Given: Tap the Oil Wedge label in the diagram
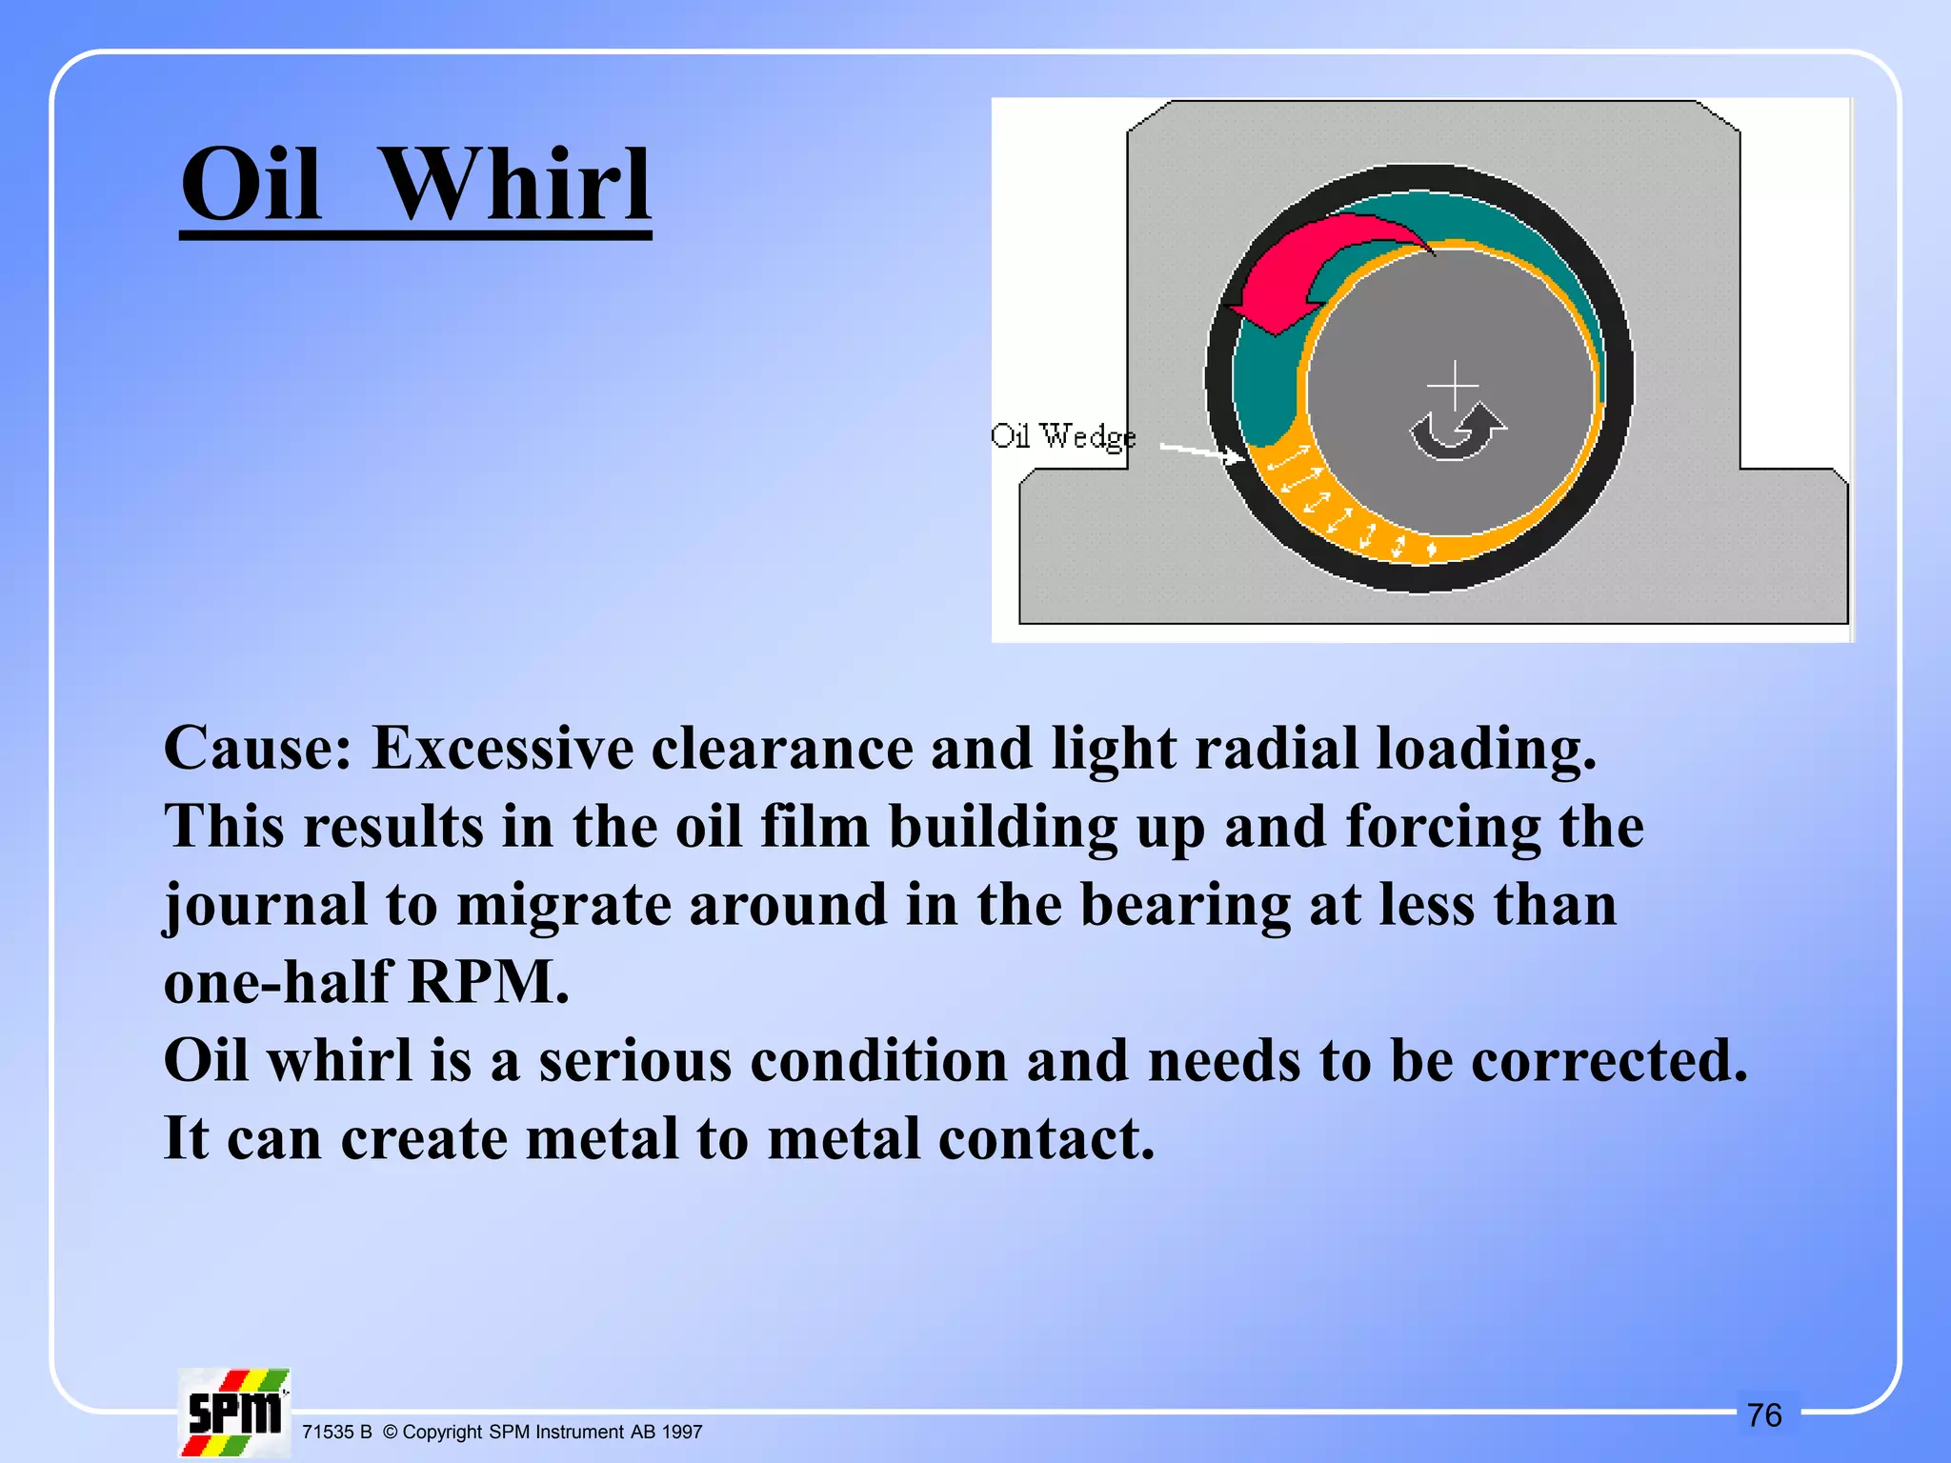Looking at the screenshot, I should click(1063, 436).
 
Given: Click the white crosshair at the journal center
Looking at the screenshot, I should click(1454, 386).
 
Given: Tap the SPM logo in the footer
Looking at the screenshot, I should click(234, 1413).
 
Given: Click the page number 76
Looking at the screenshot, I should click(1765, 1415).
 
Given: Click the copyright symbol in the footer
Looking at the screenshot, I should click(390, 1433).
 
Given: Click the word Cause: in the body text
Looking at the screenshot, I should click(258, 749).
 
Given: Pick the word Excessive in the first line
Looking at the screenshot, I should click(502, 749).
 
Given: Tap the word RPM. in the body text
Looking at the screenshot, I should click(489, 982).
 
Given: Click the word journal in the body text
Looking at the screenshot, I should click(266, 905).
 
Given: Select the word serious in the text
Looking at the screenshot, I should click(635, 1060).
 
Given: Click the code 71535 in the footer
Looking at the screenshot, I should click(328, 1433).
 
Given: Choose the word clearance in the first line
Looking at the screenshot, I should click(782, 749).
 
